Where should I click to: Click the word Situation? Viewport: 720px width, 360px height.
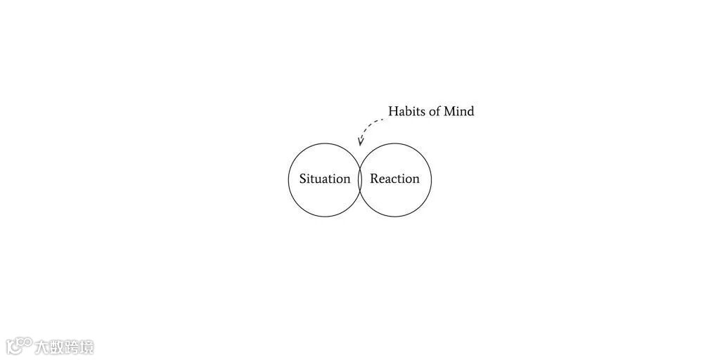pos(324,179)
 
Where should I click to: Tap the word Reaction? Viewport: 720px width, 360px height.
pos(394,179)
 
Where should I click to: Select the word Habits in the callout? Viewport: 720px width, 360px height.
pos(408,111)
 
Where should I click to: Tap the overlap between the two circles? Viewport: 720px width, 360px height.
pos(360,180)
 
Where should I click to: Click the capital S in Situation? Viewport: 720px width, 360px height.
pos(303,179)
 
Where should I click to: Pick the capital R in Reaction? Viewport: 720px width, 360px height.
pos(375,179)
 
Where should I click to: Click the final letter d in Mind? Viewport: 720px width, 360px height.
pos(470,111)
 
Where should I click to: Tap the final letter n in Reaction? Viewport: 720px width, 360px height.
pos(415,179)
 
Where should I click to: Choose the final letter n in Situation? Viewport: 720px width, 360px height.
pos(346,179)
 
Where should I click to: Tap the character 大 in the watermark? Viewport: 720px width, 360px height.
pos(44,347)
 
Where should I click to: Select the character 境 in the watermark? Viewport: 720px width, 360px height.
pos(86,347)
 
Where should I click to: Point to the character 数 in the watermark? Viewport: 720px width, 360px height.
pos(58,347)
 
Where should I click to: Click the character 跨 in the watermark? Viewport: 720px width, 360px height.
pos(72,347)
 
